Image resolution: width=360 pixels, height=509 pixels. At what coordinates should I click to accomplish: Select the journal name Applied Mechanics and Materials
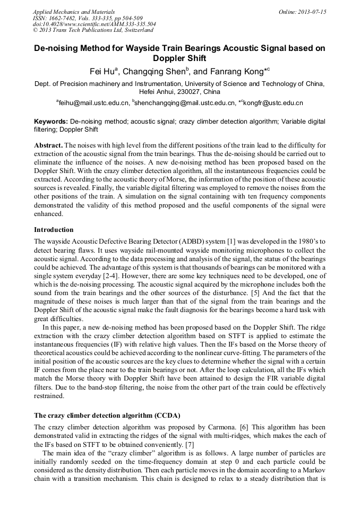[x=74, y=11]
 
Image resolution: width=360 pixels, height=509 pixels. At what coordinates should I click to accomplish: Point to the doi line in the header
[x=95, y=24]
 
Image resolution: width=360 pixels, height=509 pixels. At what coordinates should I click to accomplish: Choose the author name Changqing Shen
[x=154, y=71]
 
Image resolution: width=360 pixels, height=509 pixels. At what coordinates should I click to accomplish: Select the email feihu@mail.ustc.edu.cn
[x=93, y=102]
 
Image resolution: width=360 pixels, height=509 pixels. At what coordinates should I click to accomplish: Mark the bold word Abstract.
[x=49, y=145]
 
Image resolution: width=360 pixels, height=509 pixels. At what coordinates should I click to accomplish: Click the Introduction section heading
[x=54, y=230]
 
